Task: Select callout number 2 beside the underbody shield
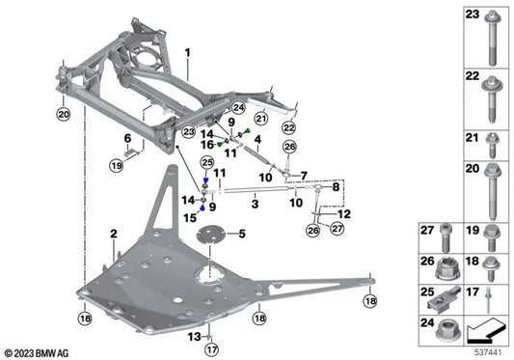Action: (113, 234)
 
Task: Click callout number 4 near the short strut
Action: (257, 139)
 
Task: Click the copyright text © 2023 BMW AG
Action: (39, 352)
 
